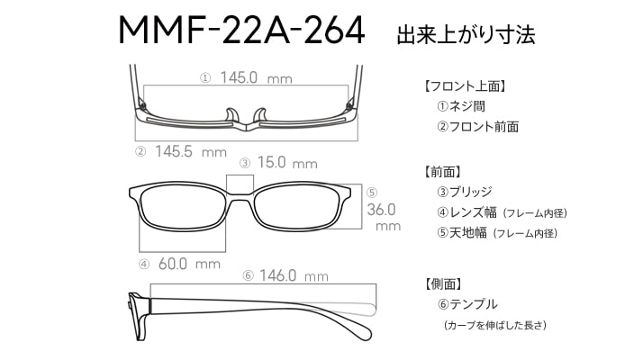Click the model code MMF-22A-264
click(241, 30)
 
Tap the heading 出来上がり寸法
click(466, 34)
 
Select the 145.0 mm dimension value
click(256, 77)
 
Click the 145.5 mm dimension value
click(191, 152)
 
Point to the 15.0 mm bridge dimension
click(287, 163)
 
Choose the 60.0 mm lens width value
click(189, 264)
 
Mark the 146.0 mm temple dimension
click(294, 275)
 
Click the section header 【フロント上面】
click(464, 86)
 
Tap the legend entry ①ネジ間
click(461, 106)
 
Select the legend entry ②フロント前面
click(477, 127)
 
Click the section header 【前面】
click(442, 172)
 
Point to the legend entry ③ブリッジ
click(464, 192)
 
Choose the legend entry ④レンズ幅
click(466, 212)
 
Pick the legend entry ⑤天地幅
click(462, 233)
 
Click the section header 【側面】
click(443, 283)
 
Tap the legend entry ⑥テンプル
click(467, 304)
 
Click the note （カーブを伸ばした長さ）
click(495, 326)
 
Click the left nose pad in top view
click(232, 115)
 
